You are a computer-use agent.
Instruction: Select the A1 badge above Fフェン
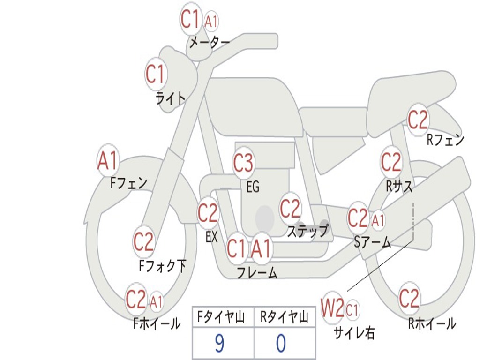(108, 161)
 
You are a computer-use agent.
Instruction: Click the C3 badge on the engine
(243, 164)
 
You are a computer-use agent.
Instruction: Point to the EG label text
(253, 187)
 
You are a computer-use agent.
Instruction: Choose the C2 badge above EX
(208, 213)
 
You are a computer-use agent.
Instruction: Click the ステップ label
(308, 231)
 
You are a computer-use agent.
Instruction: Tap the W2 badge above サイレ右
(333, 308)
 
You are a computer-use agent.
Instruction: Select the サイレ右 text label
(354, 333)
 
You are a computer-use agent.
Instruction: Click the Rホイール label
(432, 323)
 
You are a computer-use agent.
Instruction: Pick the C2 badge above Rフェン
(418, 120)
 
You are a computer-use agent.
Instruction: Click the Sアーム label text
(373, 242)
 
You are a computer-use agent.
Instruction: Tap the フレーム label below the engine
(257, 273)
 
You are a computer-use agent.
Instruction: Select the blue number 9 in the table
(219, 344)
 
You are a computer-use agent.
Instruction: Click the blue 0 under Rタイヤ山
(281, 344)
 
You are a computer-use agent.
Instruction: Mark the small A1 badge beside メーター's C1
(211, 21)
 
